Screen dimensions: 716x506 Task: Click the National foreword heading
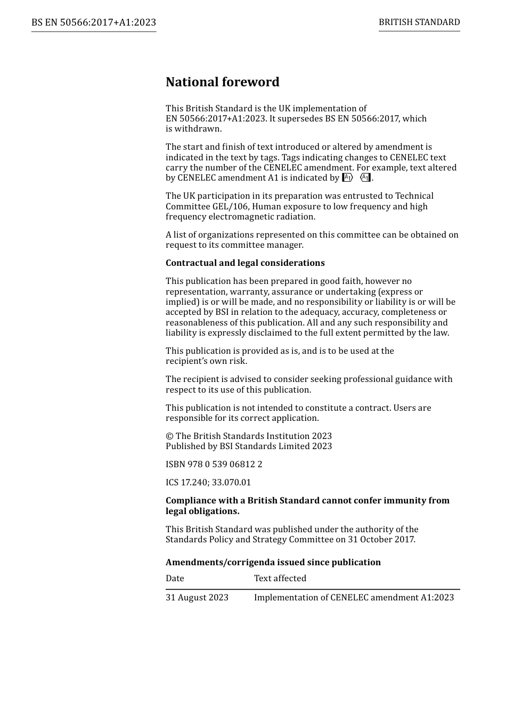[222, 82]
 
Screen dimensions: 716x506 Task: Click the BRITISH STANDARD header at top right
[419, 22]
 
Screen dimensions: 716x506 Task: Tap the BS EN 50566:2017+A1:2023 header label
[94, 22]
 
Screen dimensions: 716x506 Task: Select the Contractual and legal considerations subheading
[245, 263]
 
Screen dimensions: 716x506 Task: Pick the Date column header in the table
[175, 579]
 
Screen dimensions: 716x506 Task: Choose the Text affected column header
[280, 579]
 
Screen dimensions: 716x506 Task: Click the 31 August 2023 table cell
[197, 598]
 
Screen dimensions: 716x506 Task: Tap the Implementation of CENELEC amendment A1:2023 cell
[354, 598]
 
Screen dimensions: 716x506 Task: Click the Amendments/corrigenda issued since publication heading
[273, 563]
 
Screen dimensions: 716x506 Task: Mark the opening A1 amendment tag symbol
[347, 178]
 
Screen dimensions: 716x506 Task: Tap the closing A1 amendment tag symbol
[365, 178]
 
